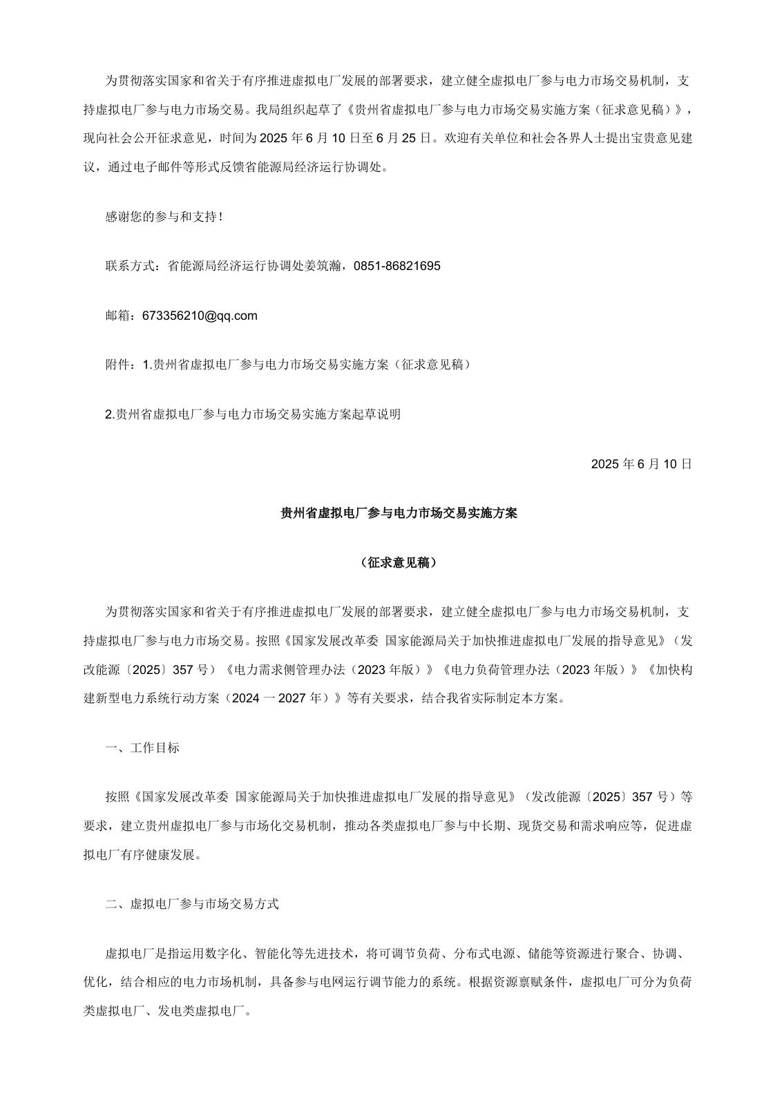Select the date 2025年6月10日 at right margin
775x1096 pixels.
coord(641,464)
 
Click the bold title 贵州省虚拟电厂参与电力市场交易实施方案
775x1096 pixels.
coord(399,513)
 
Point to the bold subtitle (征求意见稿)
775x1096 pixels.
coord(399,563)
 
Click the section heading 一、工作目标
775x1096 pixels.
coord(142,748)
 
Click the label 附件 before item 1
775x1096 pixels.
coord(117,365)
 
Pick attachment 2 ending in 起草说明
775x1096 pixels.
coord(253,414)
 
